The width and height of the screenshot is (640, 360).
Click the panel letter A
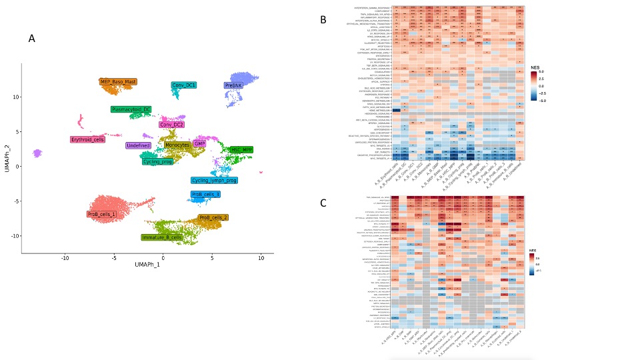click(32, 39)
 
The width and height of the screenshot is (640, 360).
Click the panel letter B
click(323, 20)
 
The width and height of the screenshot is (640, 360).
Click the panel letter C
click(323, 203)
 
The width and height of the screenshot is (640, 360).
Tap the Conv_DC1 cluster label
click(183, 85)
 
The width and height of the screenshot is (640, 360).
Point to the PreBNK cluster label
click(233, 86)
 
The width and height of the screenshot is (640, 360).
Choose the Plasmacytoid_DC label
click(131, 109)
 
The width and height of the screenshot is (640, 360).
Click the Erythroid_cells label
click(88, 139)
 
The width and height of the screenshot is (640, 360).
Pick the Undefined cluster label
click(138, 145)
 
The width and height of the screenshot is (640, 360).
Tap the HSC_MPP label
click(241, 150)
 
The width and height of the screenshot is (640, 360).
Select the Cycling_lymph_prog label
click(214, 180)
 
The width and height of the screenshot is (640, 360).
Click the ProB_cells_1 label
click(101, 214)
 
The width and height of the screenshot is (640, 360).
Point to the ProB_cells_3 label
click(205, 195)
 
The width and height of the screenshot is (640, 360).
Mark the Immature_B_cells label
click(162, 237)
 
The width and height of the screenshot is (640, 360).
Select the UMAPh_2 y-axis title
click(8, 158)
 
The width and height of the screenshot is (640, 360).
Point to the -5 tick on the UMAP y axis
click(17, 201)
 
